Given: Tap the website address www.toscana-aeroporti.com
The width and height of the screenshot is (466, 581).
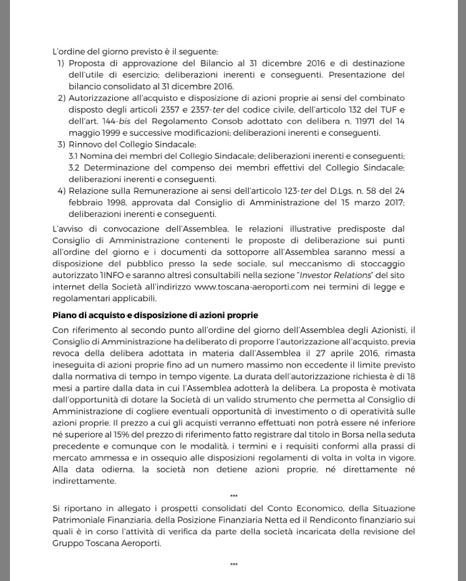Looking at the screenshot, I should (251, 287).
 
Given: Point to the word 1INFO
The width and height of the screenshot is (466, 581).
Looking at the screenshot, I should (112, 275).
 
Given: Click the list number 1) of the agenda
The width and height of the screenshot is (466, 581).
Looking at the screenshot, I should (61, 63).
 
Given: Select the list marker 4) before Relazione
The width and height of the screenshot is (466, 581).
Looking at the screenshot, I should (61, 191).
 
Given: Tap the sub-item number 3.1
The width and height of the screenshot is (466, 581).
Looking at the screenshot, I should (74, 156).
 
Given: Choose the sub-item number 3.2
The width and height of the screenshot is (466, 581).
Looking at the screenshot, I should (74, 167).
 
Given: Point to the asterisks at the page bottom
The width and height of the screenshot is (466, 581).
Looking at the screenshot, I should (233, 565).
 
